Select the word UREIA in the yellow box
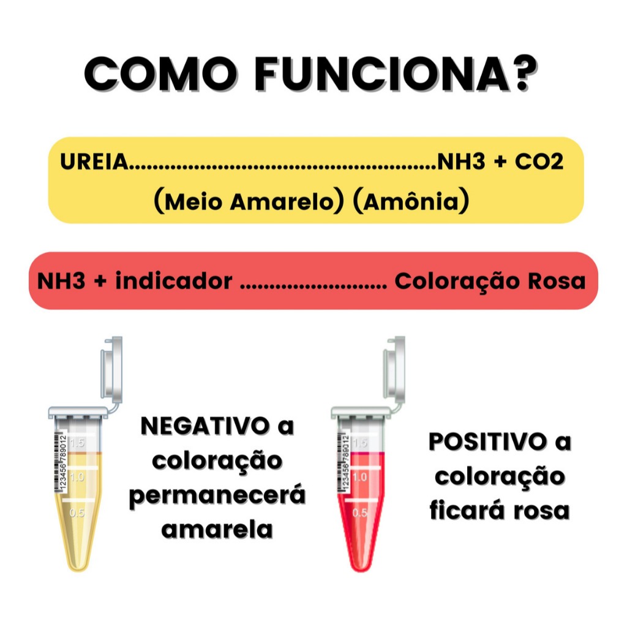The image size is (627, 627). tap(96, 163)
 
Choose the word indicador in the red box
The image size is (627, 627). tap(174, 281)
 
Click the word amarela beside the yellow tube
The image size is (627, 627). tap(217, 528)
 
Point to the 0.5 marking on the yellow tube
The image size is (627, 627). tap(78, 513)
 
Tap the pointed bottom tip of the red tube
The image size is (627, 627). tap(360, 566)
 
